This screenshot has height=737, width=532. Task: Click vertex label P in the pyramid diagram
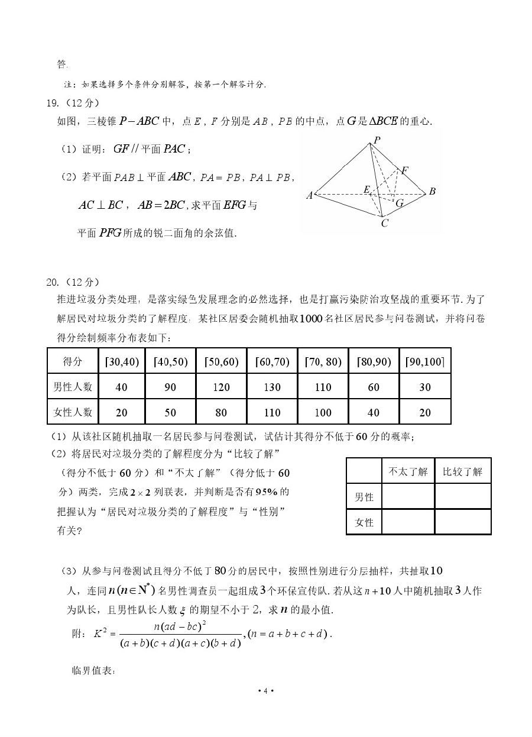click(377, 140)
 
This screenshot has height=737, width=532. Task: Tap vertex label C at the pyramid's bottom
click(384, 224)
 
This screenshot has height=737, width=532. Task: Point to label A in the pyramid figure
click(309, 195)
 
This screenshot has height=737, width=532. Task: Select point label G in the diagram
click(400, 203)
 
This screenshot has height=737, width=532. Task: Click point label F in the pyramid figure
click(405, 170)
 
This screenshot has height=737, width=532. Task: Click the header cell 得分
click(73, 361)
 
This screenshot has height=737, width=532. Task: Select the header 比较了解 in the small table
click(462, 471)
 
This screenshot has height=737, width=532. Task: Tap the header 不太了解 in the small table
click(408, 471)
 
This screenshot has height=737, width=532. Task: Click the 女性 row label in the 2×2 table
click(364, 522)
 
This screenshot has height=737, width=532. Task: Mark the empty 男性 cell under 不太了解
click(408, 497)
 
